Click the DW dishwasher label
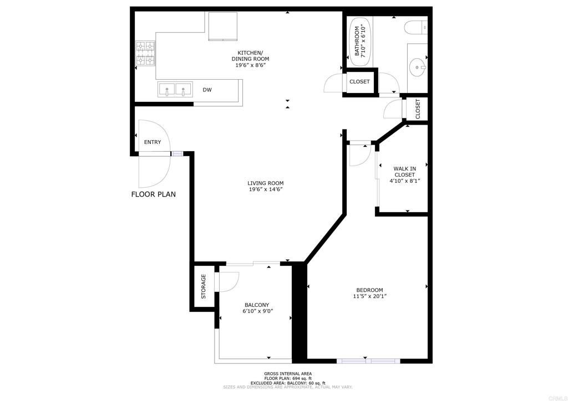tap(207, 90)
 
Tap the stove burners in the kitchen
tap(145, 53)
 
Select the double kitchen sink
tap(175, 89)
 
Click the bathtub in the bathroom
tap(358, 42)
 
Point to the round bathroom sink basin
tap(418, 67)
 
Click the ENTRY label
tap(153, 142)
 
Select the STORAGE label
tap(203, 286)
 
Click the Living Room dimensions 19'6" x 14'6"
tap(265, 189)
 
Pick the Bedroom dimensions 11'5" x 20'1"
tap(369, 296)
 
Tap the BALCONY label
tap(257, 305)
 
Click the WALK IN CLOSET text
tap(404, 171)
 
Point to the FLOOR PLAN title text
tap(154, 194)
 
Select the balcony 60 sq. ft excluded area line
tap(288, 383)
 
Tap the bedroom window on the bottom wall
tap(368, 361)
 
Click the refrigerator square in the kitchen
tap(223, 26)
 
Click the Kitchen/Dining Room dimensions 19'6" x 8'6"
tap(250, 65)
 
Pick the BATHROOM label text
tap(357, 41)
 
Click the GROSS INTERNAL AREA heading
tap(288, 374)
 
